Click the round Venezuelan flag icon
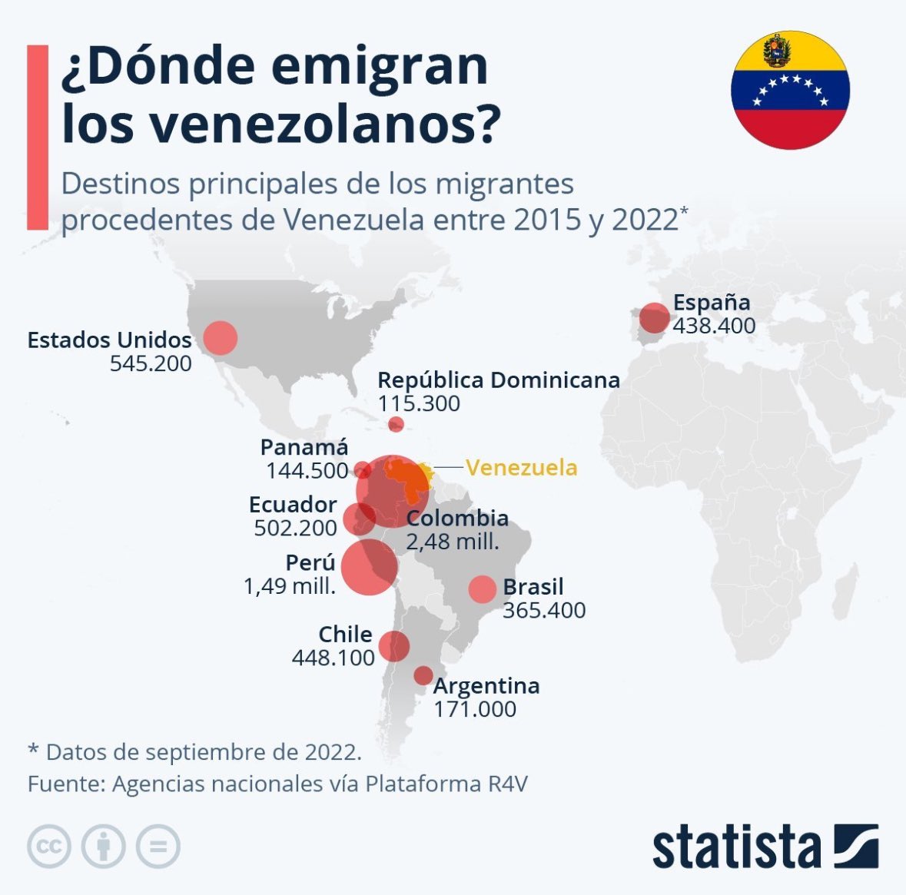(x=789, y=90)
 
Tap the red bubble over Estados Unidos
(x=221, y=337)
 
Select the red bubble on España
(x=655, y=317)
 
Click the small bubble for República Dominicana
(x=396, y=424)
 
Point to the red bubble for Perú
(x=369, y=567)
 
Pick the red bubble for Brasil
(x=483, y=589)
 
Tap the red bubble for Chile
(x=393, y=646)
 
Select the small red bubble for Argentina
(x=423, y=675)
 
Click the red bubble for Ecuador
(x=359, y=519)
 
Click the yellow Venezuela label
(x=521, y=467)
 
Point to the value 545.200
(x=151, y=363)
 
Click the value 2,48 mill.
(x=453, y=542)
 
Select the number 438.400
(x=714, y=326)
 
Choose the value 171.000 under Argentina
(x=475, y=709)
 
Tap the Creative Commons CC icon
(x=49, y=847)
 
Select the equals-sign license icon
(x=158, y=847)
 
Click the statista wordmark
(x=736, y=847)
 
